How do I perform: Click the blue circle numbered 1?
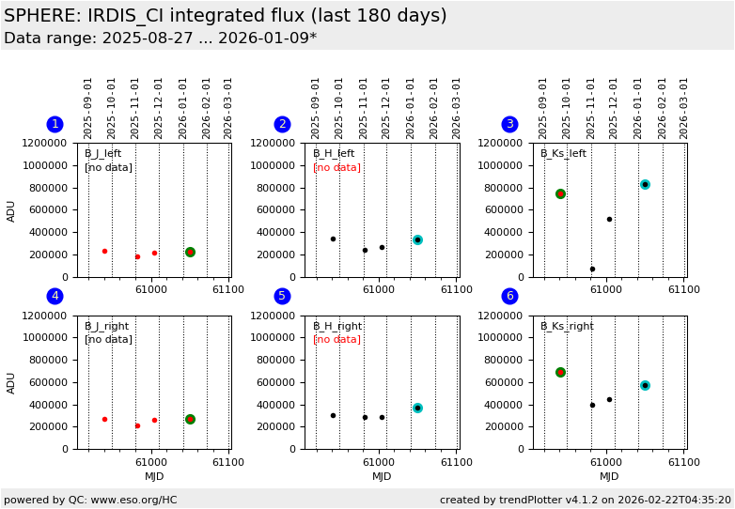tap(55, 124)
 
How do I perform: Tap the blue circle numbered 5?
tap(282, 297)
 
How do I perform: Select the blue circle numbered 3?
tap(509, 124)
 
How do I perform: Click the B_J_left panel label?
tap(102, 154)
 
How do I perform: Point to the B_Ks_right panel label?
tap(567, 327)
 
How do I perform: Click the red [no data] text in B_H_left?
tap(336, 168)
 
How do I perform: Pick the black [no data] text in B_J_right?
tap(108, 340)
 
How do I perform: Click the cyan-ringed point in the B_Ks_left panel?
tap(645, 184)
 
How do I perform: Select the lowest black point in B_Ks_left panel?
tap(592, 269)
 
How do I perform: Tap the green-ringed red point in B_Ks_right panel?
tap(560, 372)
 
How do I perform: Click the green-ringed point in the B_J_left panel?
tap(190, 252)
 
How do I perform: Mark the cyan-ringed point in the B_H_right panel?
tap(417, 408)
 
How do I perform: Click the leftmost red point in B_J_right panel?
tap(104, 419)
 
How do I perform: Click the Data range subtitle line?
tap(160, 39)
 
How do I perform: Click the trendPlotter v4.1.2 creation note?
tap(585, 500)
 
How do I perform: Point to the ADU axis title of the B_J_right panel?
tap(11, 382)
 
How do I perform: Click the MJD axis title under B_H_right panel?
tap(382, 477)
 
